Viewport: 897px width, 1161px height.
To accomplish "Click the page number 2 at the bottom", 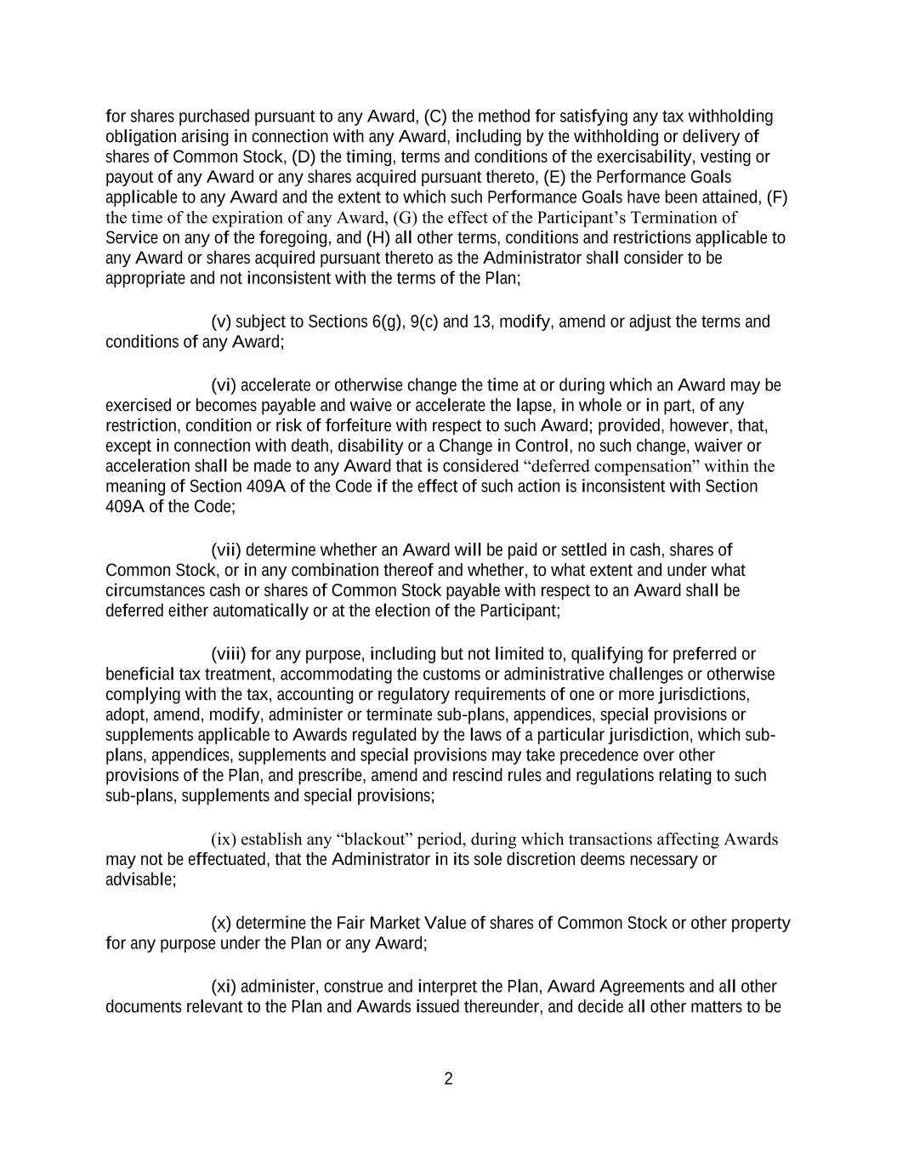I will [448, 1079].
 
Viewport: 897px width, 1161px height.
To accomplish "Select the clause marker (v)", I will [221, 322].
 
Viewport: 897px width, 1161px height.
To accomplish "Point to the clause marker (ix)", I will [224, 840].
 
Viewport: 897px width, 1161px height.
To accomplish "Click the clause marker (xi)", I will [224, 987].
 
